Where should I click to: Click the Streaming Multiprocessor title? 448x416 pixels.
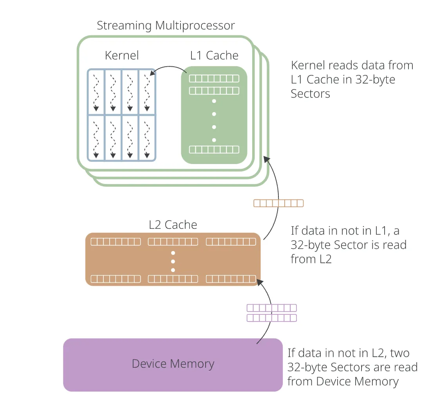pos(166,26)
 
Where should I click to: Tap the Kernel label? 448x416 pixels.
pos(122,55)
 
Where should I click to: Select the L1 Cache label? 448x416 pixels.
pos(214,55)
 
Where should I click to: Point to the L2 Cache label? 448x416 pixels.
pos(173,225)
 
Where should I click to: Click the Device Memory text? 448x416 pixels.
pos(173,364)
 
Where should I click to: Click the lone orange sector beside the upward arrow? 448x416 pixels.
pos(278,203)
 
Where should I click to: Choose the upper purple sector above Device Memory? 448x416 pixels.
pos(271,308)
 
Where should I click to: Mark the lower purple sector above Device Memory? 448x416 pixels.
pos(271,318)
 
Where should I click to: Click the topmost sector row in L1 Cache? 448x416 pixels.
pos(214,78)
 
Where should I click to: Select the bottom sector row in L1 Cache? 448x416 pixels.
pos(214,149)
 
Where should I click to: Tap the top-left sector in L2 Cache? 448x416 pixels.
pos(116,241)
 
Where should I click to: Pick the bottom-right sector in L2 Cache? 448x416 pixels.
pos(231,279)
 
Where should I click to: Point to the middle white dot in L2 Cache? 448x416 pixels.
pos(173,261)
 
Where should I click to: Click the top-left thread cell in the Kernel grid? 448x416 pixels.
pos(96,92)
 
